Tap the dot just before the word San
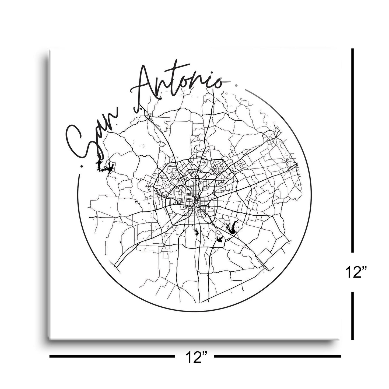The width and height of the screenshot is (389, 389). point(81,167)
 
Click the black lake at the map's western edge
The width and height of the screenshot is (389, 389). point(105,167)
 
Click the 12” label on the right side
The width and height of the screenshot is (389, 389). point(356,273)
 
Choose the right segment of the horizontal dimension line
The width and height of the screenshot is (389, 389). point(277,357)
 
